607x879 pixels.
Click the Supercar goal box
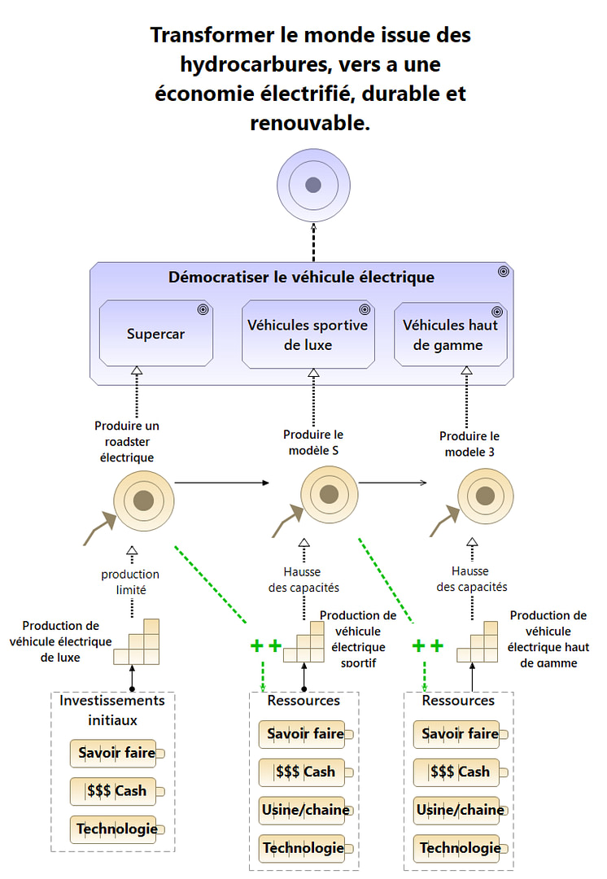tap(155, 334)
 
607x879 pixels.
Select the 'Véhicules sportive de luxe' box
tap(308, 335)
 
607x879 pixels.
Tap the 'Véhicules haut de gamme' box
tap(450, 335)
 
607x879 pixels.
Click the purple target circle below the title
tap(313, 186)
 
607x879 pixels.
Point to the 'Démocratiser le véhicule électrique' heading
tap(301, 277)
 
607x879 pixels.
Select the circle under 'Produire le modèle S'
tap(330, 494)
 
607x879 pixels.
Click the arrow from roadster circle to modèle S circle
tap(221, 483)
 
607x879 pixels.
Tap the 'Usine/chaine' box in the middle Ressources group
tap(305, 810)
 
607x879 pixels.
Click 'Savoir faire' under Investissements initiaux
tap(117, 753)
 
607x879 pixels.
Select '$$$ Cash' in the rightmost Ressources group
tap(460, 772)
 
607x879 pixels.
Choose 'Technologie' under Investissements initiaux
tap(117, 829)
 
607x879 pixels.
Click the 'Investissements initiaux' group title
tap(112, 710)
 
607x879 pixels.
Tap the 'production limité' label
tap(130, 582)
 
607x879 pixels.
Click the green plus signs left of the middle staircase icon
tap(265, 646)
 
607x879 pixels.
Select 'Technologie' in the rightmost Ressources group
tap(460, 848)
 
